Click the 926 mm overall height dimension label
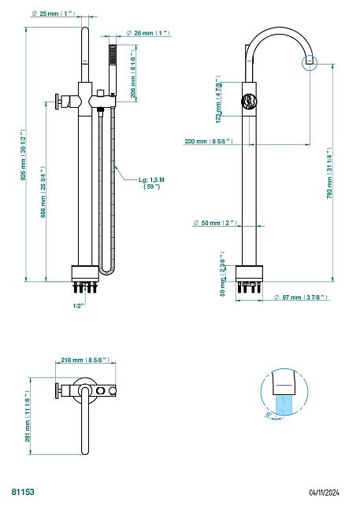(22, 156)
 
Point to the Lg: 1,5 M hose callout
(152, 183)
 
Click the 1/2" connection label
(79, 305)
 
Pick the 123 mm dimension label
(218, 99)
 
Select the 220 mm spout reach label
(209, 141)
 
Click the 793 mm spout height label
(329, 174)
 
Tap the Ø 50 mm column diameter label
(215, 223)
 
